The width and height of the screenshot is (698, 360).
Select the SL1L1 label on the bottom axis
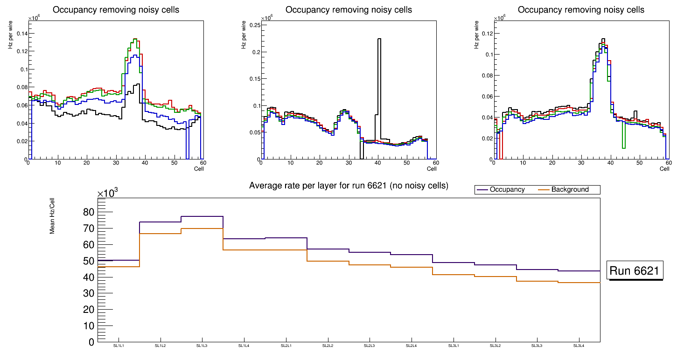119,346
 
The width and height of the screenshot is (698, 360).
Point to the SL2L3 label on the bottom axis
370,346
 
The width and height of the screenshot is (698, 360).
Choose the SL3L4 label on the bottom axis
579,346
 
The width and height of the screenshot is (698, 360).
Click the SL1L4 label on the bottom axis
244,346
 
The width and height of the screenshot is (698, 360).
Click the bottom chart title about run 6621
349,186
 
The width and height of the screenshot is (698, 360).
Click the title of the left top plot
115,10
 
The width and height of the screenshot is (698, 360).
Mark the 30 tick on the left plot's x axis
116,163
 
